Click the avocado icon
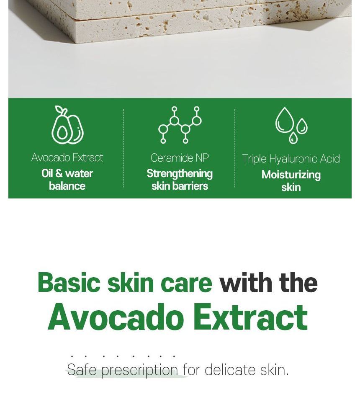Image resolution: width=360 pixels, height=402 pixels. click(x=67, y=125)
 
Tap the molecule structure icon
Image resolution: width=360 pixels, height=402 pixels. click(x=180, y=125)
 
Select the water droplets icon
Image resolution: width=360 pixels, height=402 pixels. click(x=291, y=125)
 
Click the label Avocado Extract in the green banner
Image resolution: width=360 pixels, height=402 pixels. click(x=67, y=157)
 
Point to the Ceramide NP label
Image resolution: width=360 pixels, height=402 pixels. click(x=180, y=158)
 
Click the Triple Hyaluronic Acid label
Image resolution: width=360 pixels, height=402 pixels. click(x=291, y=159)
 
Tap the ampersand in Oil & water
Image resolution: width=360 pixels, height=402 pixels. click(x=59, y=173)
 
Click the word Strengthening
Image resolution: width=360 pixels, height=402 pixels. click(x=180, y=174)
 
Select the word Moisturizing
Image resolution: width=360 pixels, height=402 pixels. click(x=291, y=175)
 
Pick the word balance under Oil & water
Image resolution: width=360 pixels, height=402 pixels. click(x=67, y=186)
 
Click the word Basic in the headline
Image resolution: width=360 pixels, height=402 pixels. click(x=69, y=283)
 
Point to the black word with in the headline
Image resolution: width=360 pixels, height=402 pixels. click(x=246, y=283)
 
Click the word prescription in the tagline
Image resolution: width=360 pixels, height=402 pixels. click(x=140, y=371)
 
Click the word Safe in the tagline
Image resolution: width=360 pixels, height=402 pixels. click(x=82, y=370)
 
